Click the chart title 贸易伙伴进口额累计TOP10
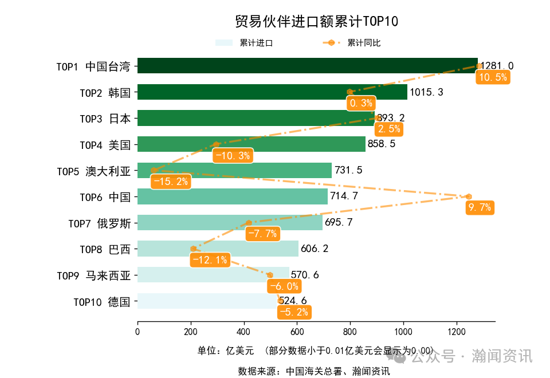point(316,22)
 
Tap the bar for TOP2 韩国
point(272,92)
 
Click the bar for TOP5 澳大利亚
point(234,171)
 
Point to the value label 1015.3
point(426,92)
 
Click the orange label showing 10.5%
point(492,78)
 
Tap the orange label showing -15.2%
point(170,182)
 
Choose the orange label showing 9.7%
point(480,208)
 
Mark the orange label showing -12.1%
point(210,260)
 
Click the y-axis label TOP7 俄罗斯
point(99,223)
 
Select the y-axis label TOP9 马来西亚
point(93,275)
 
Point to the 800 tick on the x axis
point(351,331)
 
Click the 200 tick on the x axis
point(191,331)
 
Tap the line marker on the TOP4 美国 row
point(216,145)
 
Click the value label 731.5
point(348,171)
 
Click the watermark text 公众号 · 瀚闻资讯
point(471,356)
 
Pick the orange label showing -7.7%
point(262,234)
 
